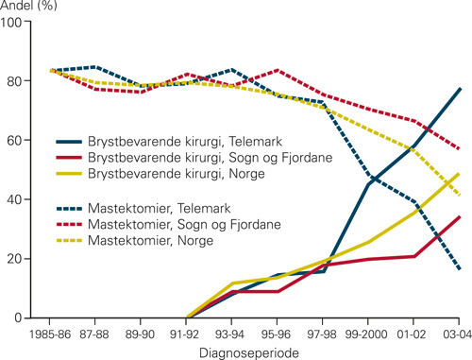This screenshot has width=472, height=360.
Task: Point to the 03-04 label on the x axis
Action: pos(457,332)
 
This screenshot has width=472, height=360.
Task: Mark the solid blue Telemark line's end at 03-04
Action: pos(459,89)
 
